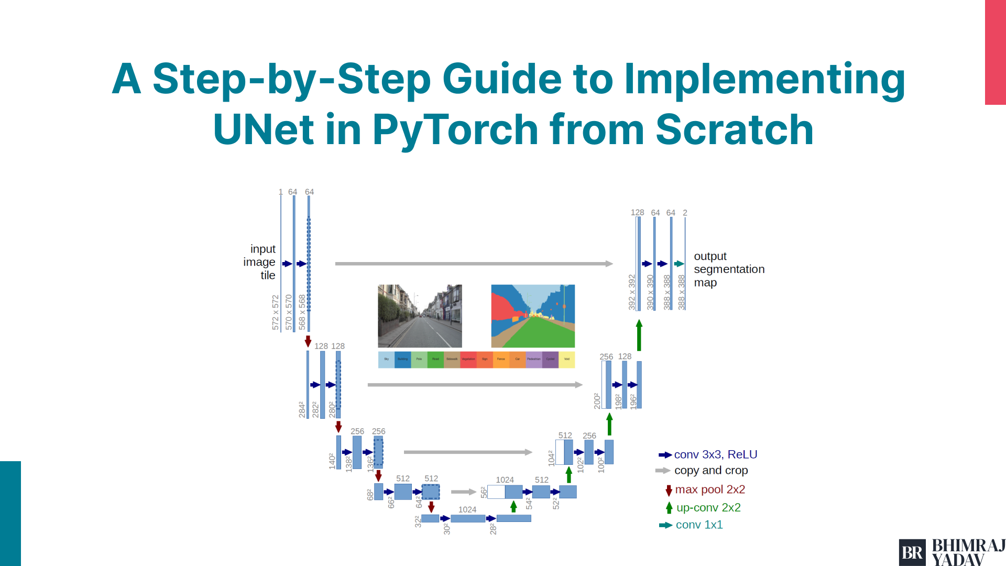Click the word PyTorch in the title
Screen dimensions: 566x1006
click(455, 129)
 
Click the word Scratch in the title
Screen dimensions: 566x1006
click(734, 129)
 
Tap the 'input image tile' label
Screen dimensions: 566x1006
click(260, 262)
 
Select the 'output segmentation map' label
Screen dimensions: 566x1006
click(728, 269)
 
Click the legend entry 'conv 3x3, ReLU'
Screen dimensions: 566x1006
click(715, 454)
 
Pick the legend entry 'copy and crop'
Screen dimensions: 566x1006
click(710, 471)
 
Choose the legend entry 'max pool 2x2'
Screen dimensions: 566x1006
click(709, 489)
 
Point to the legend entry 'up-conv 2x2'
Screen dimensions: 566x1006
click(708, 508)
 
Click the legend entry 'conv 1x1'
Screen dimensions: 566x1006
click(699, 525)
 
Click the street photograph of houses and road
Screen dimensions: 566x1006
click(420, 316)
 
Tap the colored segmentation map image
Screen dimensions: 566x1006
click(533, 316)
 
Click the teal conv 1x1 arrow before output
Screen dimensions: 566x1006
click(679, 264)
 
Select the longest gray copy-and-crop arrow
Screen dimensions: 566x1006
click(473, 264)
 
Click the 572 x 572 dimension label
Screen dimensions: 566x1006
click(276, 312)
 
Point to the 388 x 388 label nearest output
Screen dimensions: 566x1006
click(681, 292)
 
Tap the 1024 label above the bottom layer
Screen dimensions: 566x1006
click(467, 509)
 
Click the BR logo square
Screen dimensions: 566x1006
click(912, 552)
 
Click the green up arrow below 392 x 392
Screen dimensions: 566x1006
click(639, 335)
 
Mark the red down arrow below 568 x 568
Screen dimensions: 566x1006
click(308, 341)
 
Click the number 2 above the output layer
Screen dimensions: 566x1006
click(685, 213)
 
